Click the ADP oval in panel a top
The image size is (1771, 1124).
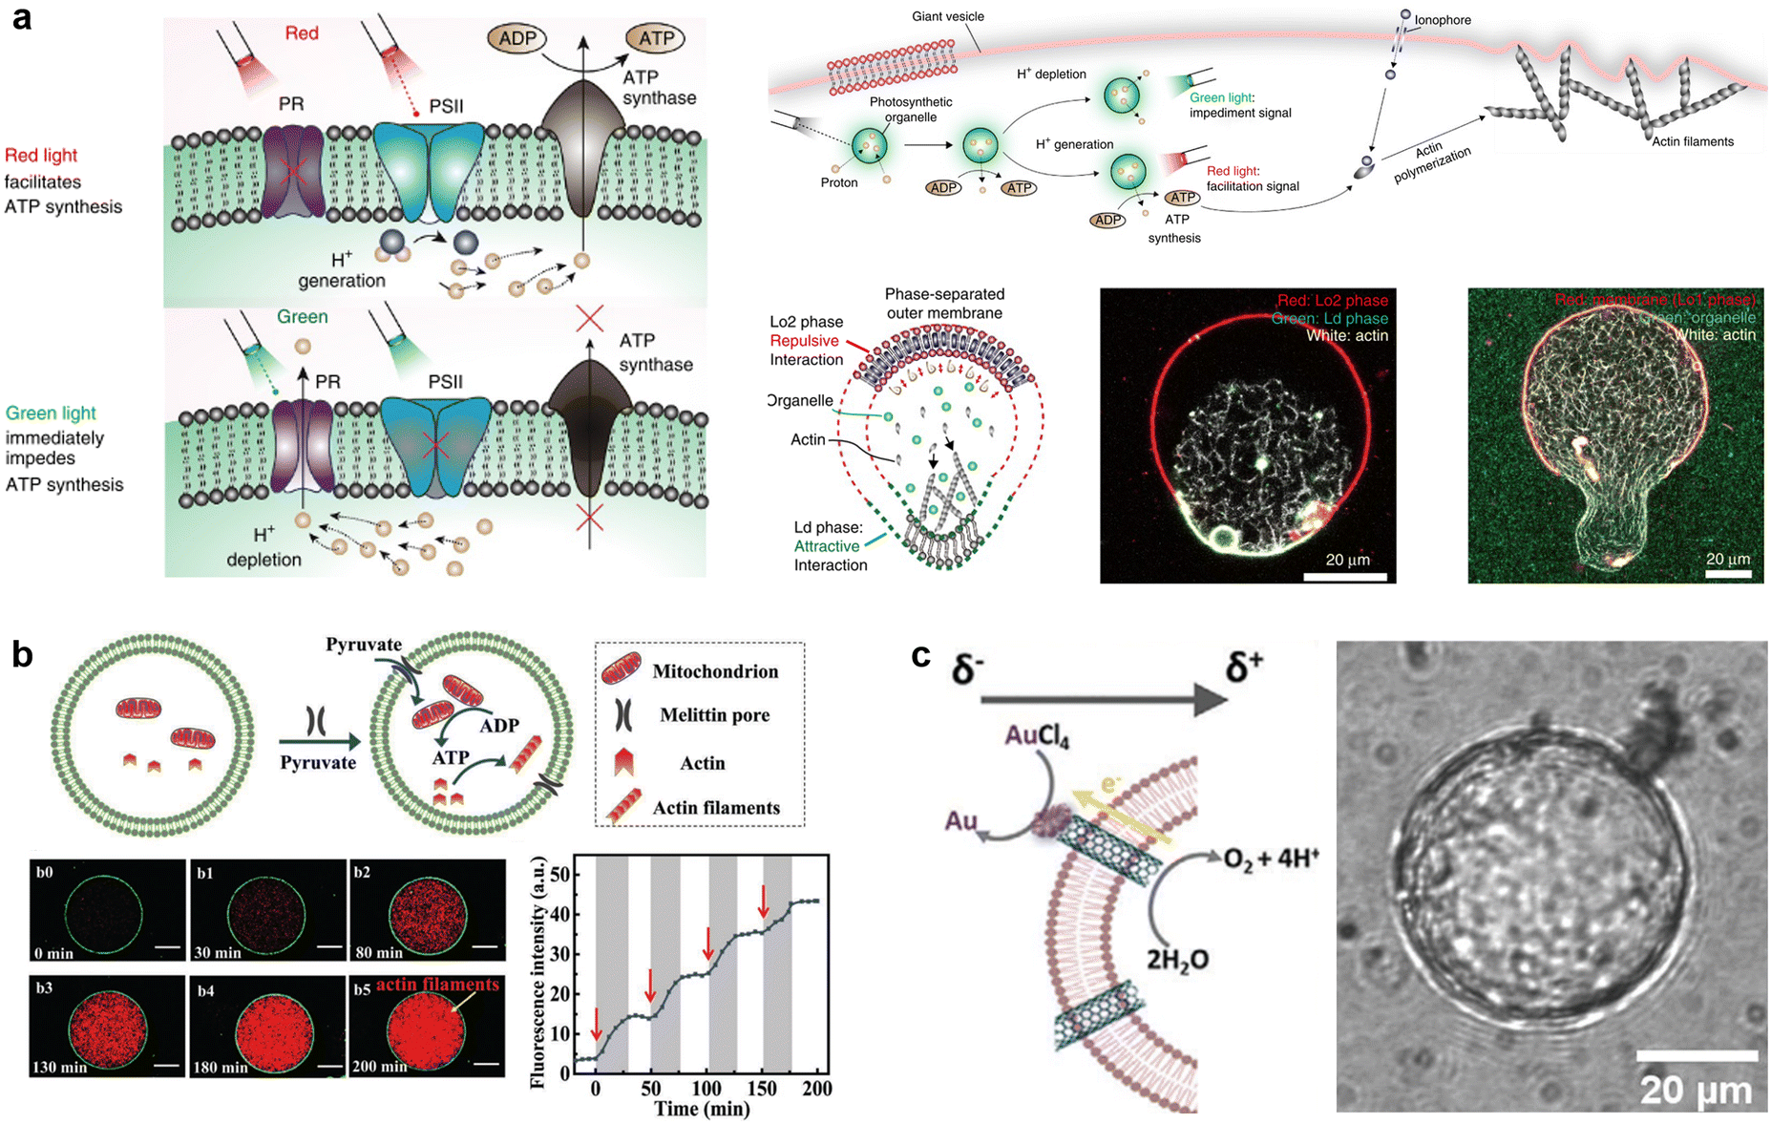pos(517,39)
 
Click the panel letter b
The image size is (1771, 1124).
pos(22,654)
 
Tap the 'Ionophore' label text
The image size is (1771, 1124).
pos(1442,20)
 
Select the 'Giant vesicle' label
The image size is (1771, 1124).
pos(947,16)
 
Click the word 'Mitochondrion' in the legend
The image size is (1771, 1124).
pos(714,671)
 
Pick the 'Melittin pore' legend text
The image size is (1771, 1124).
pos(714,715)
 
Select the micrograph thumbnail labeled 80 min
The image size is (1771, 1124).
pos(428,910)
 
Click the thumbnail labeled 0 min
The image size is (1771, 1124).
pos(107,910)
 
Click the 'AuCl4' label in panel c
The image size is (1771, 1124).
pos(1037,737)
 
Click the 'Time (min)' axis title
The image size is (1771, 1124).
pos(701,1109)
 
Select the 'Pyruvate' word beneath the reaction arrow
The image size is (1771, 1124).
pos(317,763)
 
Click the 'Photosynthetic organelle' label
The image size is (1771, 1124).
pos(910,109)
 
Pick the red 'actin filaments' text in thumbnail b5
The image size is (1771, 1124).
pos(437,985)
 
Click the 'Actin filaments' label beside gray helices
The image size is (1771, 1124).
pos(1693,141)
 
